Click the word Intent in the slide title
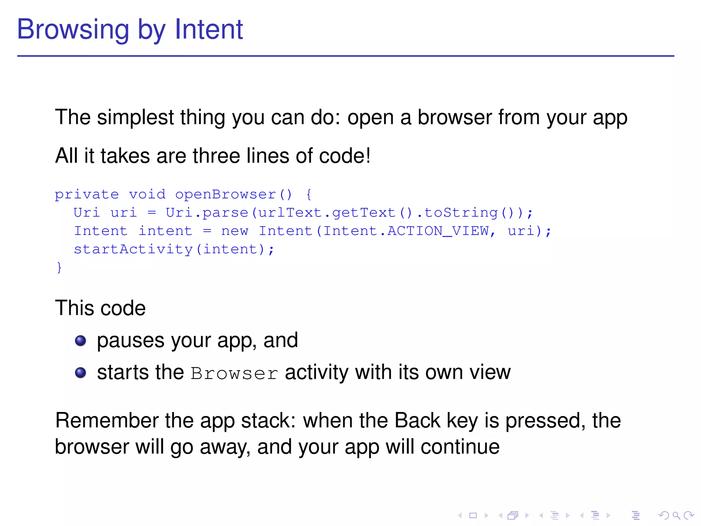pos(208,29)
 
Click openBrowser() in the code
pos(234,195)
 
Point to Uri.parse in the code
pos(207,213)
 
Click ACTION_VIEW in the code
pos(438,231)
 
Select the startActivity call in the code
pos(174,249)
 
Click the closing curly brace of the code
pos(59,267)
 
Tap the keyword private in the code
pos(87,195)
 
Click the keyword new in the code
pos(234,231)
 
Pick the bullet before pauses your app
pos(80,341)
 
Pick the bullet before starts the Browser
pos(80,373)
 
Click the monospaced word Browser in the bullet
pos(234,373)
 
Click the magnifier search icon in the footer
pos(676,515)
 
